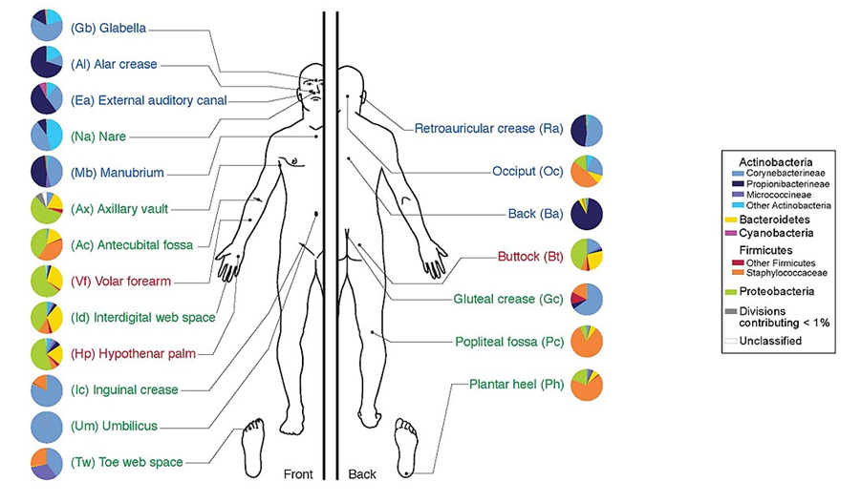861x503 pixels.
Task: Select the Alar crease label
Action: [114, 64]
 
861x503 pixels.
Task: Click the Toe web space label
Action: [126, 462]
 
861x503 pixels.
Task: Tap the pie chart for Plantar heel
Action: [586, 384]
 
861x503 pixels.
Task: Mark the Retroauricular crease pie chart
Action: [586, 130]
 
